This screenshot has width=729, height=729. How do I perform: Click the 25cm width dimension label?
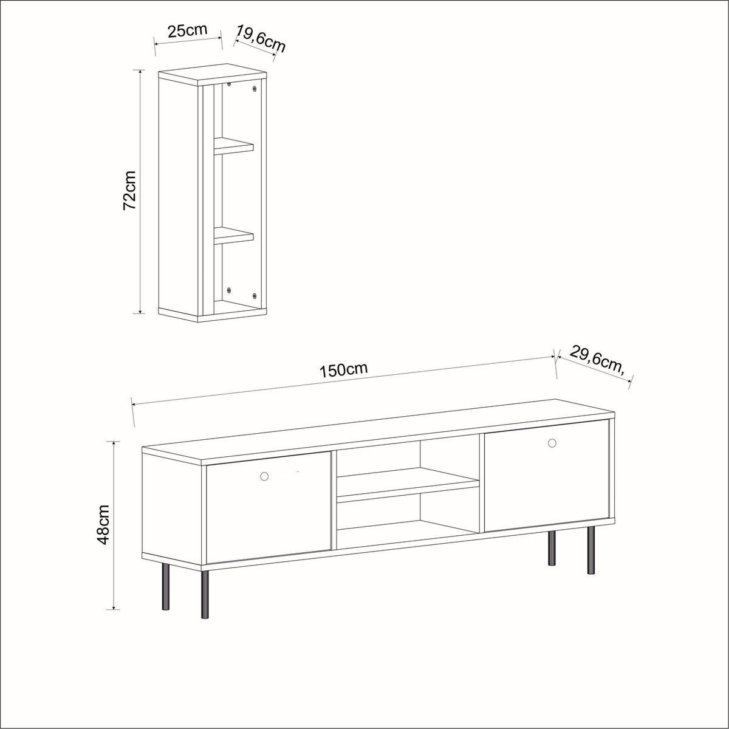point(188,31)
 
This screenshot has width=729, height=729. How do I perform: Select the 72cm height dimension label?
point(130,191)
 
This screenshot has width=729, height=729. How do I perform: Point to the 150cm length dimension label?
point(343,370)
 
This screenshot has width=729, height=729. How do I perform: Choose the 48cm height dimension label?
point(103,524)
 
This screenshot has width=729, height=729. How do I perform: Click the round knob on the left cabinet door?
point(264,476)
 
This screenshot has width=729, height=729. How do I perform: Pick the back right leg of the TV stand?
point(552,547)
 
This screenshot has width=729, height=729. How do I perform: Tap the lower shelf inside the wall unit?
point(233,235)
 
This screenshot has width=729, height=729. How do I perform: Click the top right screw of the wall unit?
point(255,89)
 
